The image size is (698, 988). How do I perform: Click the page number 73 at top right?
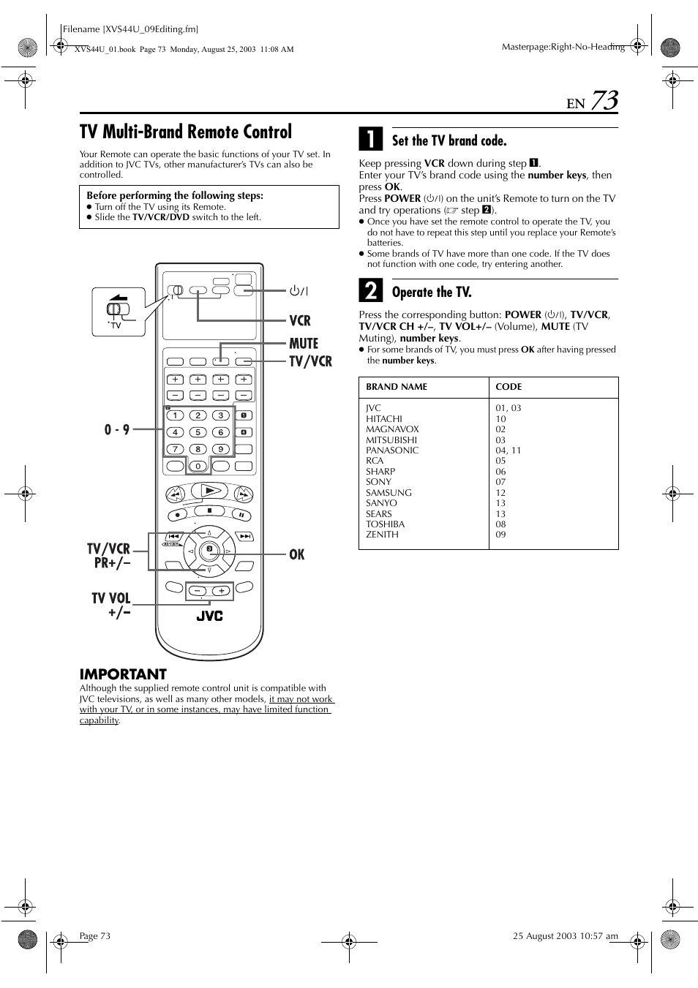click(604, 101)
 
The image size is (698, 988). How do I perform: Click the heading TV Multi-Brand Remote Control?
click(186, 132)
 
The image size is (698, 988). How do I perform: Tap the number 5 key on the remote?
click(198, 432)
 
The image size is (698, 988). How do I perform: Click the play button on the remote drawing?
click(209, 491)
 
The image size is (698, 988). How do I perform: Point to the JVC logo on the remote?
click(209, 616)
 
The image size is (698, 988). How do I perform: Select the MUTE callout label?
click(304, 343)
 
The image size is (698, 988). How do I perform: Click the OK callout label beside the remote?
click(297, 554)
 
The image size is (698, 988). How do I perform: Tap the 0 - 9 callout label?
click(117, 429)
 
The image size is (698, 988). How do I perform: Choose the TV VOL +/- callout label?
click(111, 605)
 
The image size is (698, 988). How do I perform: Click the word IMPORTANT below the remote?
click(123, 674)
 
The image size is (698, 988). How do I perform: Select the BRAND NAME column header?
click(397, 387)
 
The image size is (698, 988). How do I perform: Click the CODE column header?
click(509, 387)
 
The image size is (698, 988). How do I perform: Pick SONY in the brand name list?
click(378, 482)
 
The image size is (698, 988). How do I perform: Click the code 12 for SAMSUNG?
click(500, 492)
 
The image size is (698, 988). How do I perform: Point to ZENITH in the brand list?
click(382, 535)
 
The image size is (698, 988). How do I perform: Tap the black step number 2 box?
click(371, 290)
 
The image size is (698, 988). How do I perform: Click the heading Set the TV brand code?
click(449, 140)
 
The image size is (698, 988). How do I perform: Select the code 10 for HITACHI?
click(500, 418)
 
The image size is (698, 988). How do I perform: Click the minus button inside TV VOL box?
click(198, 591)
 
